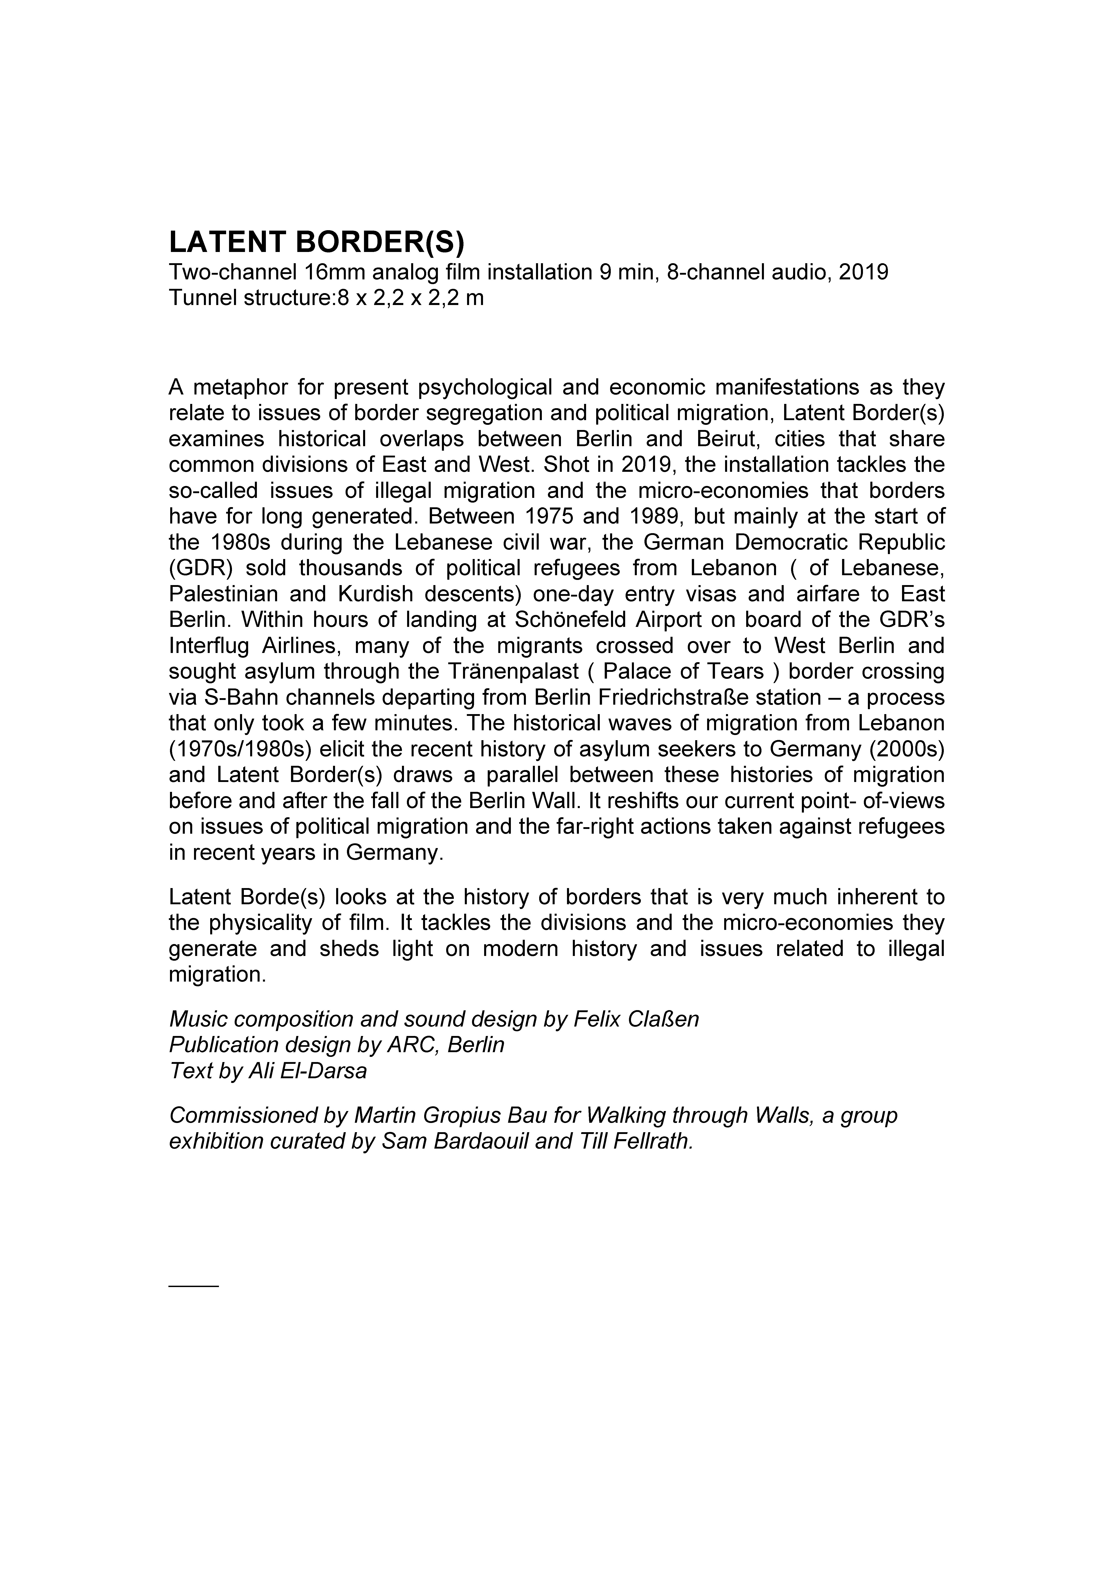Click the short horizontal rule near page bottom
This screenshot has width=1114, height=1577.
coord(194,1285)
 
